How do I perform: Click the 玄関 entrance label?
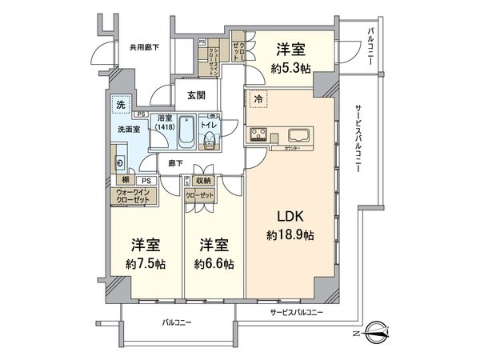point(197,94)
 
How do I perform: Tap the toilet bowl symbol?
point(210,141)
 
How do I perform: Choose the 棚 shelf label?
point(115,181)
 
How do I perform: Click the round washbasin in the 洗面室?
point(119,163)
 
